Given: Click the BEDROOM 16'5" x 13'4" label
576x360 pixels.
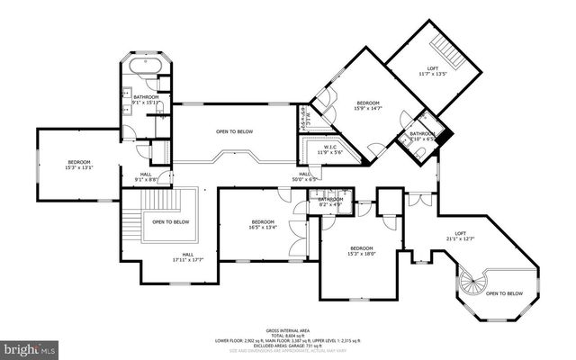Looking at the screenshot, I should tap(262, 224).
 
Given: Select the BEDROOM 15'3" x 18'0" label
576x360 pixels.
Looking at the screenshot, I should tap(362, 250).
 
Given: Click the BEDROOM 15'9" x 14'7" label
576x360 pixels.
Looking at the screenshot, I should tap(368, 107).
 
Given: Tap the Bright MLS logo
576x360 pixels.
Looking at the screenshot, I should tap(27, 346).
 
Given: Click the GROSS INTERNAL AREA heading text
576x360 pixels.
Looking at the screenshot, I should tap(288, 330).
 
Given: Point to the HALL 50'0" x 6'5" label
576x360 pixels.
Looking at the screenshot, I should tap(304, 176).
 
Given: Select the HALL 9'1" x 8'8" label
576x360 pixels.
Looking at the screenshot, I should tap(146, 177).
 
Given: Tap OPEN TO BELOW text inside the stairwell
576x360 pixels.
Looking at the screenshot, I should tap(170, 221).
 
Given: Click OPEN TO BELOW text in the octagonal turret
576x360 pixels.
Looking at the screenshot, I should tap(504, 293).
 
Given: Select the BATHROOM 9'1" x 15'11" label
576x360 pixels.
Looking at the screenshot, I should tap(146, 99).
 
